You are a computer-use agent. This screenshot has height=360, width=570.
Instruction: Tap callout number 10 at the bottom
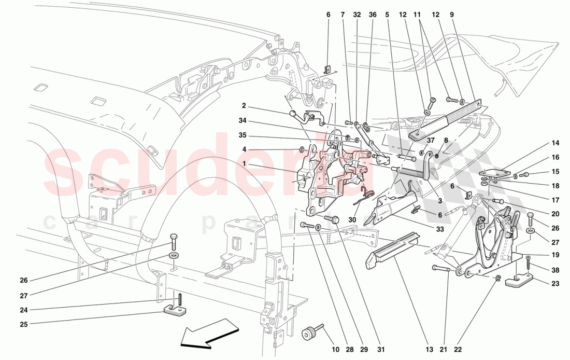click(335, 350)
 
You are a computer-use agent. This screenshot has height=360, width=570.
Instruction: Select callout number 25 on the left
click(24, 324)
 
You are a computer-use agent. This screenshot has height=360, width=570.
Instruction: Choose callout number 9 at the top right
click(452, 15)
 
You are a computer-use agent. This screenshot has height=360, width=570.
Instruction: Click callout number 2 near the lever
click(243, 105)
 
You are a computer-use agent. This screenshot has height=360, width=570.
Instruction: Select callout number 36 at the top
click(372, 15)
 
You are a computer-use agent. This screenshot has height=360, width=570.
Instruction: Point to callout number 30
click(352, 219)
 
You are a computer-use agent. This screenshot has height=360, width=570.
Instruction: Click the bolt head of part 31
click(335, 219)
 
